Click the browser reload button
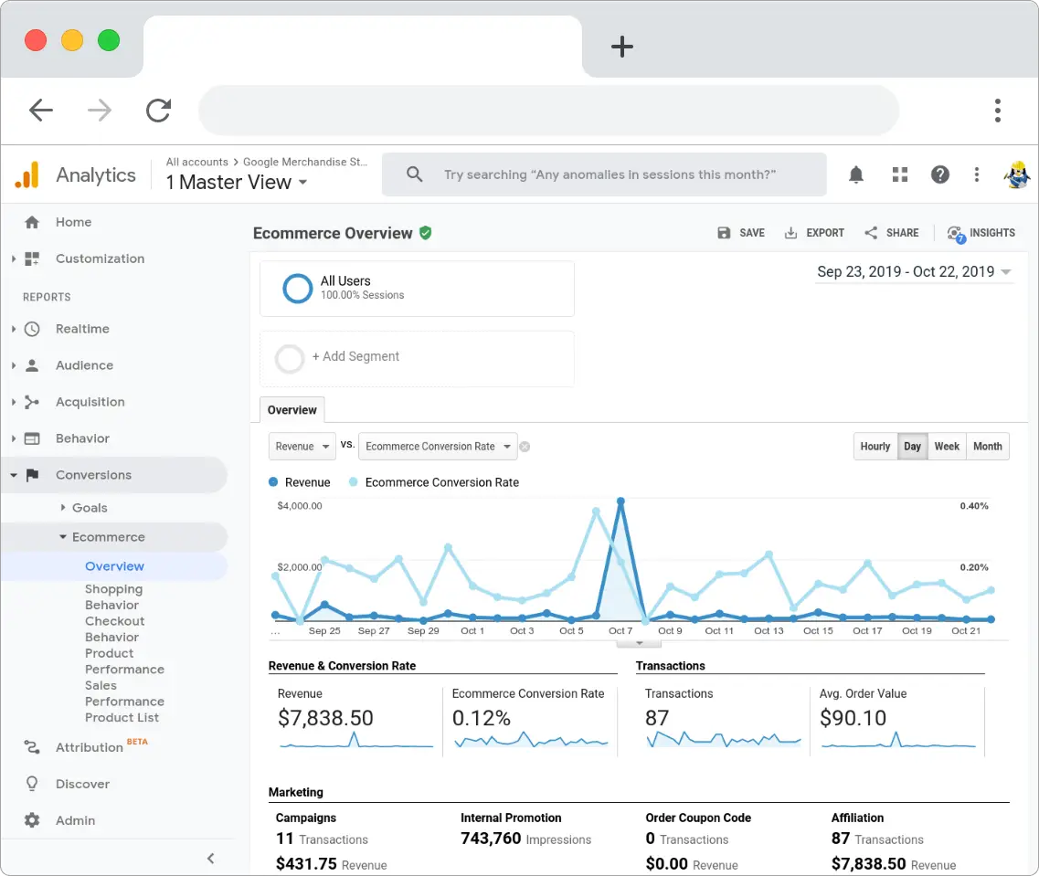[x=159, y=111]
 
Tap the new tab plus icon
[x=622, y=47]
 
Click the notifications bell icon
[x=856, y=174]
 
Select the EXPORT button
[x=814, y=233]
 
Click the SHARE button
[x=892, y=233]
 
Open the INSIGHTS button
[x=981, y=233]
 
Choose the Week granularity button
[x=947, y=447]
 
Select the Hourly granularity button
[x=875, y=447]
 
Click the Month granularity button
[x=987, y=447]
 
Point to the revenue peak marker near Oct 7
[x=621, y=501]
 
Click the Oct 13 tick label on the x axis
[x=769, y=631]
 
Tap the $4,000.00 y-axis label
[x=300, y=506]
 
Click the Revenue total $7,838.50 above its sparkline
[x=325, y=718]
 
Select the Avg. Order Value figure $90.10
[x=853, y=718]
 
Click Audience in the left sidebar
[x=84, y=365]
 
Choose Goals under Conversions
[x=90, y=508]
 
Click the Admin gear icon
[x=32, y=820]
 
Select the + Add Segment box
[x=417, y=357]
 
